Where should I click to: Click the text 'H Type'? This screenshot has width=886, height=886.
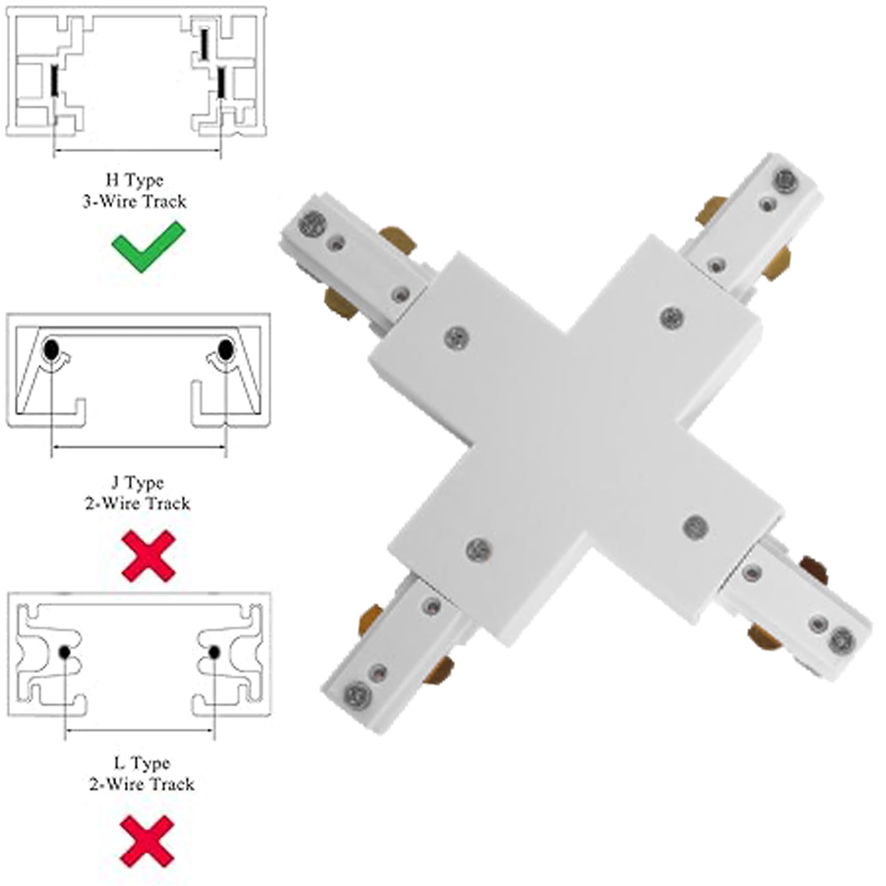134,180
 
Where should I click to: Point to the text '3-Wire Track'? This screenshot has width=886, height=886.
134,201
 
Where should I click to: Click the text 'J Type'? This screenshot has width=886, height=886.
138,482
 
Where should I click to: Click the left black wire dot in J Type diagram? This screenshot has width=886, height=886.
51,350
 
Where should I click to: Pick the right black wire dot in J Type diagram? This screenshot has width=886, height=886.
225,350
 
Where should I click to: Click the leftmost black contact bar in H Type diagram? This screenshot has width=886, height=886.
54,80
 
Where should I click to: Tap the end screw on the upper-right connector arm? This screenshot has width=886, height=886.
785,180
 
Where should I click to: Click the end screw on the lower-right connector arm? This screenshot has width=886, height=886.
842,640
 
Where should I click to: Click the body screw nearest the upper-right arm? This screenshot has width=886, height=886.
673,317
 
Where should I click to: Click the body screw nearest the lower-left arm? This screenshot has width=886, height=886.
479,549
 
